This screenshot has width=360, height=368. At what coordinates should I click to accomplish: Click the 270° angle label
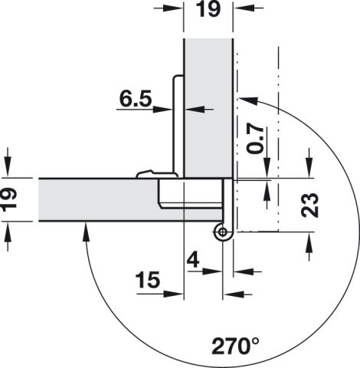pos(235,346)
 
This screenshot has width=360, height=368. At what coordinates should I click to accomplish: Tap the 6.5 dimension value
pos(136,99)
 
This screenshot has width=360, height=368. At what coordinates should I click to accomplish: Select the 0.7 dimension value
pos(255,139)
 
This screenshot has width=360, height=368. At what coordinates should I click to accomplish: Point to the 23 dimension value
pos(309,205)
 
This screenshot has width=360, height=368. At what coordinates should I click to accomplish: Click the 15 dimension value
pos(148,280)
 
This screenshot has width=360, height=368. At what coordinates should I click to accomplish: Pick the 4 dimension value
pos(193,261)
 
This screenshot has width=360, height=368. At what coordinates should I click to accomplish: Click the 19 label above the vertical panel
pos(209,9)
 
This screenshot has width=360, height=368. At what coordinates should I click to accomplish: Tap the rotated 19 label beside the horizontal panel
pos(9,200)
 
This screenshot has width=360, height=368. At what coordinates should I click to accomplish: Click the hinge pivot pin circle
pos(223,232)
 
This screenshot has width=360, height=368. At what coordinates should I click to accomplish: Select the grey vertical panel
pos(208,107)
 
